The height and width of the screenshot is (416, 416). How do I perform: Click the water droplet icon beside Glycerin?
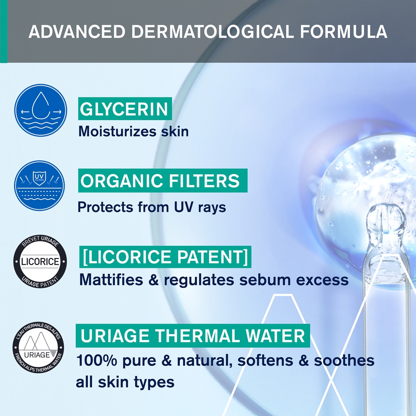pos(40,110)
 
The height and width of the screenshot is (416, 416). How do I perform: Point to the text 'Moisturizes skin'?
pos(133,131)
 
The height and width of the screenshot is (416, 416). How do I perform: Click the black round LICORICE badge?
pos(40,262)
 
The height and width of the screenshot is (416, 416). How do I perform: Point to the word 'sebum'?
pos(265,280)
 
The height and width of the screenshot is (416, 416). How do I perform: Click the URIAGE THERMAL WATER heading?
pos(192,336)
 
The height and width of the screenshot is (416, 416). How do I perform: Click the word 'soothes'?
pos(344,360)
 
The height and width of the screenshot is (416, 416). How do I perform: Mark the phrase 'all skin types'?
pos(125,382)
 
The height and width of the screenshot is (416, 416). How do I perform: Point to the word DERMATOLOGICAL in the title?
pos(210,32)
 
